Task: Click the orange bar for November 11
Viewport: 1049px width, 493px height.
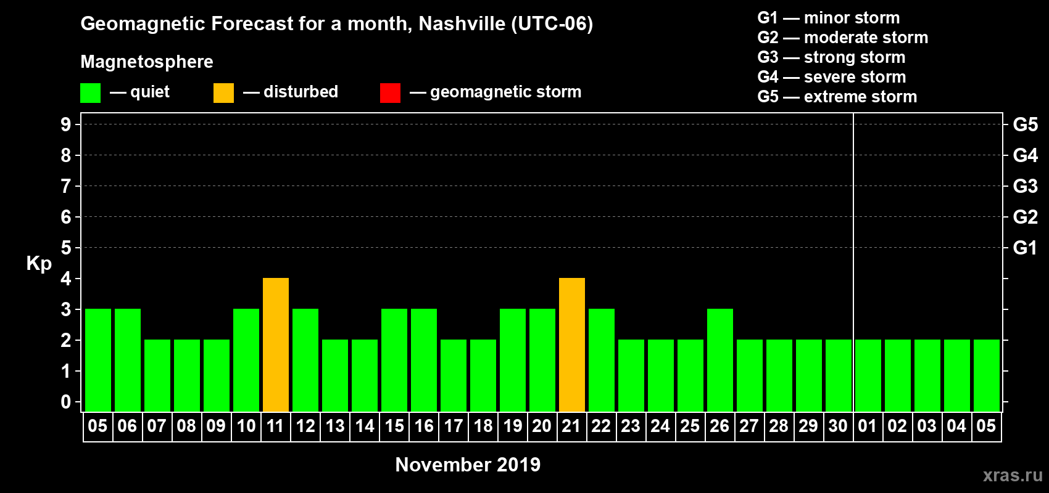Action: (276, 345)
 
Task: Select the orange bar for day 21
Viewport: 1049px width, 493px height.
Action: (572, 345)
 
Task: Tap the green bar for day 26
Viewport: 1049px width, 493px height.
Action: (720, 361)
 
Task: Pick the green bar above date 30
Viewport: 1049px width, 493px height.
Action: (839, 376)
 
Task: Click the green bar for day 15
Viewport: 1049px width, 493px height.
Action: (394, 361)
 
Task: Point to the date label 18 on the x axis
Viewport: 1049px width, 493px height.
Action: (483, 426)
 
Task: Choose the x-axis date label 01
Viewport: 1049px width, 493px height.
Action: (868, 426)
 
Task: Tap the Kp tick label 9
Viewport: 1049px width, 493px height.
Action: (66, 124)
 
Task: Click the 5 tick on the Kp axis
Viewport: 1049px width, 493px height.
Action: (66, 248)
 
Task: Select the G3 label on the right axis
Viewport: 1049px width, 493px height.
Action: (1025, 186)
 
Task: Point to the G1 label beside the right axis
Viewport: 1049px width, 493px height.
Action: (1025, 248)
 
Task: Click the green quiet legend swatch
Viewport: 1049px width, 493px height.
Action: (91, 93)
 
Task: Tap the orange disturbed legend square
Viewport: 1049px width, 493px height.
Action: (223, 93)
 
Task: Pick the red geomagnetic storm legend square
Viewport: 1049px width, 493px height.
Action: (390, 93)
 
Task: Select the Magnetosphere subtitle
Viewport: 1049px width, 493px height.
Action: (147, 62)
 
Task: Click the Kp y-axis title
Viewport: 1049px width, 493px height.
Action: (39, 263)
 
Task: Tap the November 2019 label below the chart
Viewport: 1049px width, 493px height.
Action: (468, 465)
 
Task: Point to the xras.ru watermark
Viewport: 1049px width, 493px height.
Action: (1013, 475)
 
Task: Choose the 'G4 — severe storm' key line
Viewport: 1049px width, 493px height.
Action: (832, 77)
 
